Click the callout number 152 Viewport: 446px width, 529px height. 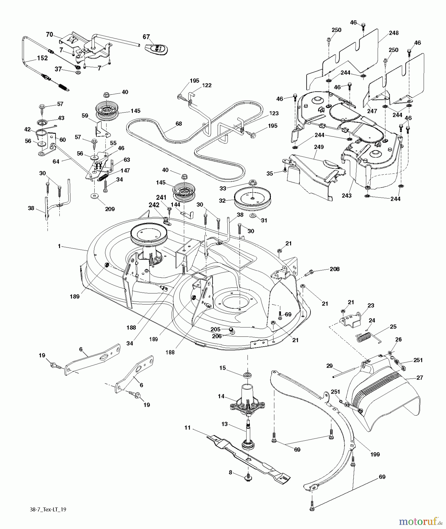click(42, 58)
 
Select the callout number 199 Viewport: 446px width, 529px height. click(375, 454)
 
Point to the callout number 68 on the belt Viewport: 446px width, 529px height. click(179, 124)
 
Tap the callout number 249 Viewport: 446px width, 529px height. click(319, 147)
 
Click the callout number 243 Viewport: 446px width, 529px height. click(347, 196)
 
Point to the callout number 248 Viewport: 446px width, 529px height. click(394, 33)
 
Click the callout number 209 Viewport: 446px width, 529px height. click(110, 209)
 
